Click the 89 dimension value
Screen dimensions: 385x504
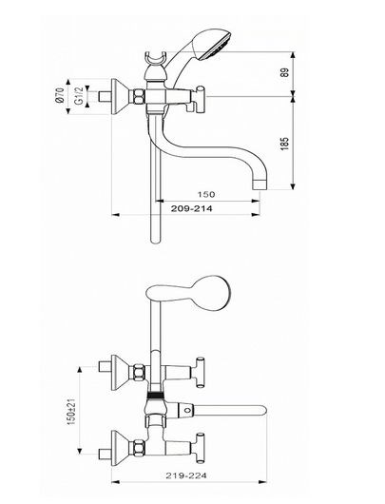[x=284, y=72]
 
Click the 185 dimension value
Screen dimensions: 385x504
[x=285, y=144]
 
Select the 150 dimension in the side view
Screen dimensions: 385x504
[x=206, y=194]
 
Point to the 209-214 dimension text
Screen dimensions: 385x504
[x=191, y=208]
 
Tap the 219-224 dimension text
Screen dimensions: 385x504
[x=186, y=475]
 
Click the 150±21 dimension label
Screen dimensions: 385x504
[x=70, y=411]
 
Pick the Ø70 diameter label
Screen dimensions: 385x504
[x=60, y=96]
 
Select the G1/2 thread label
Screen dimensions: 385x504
[x=79, y=95]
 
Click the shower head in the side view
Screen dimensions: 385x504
[x=212, y=45]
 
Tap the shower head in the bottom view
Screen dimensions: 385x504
[x=209, y=293]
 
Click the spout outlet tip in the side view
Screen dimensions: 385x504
[x=260, y=184]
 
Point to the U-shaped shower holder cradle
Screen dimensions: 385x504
[x=156, y=58]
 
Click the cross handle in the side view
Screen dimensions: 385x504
[x=201, y=100]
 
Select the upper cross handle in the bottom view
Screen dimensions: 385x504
[x=201, y=373]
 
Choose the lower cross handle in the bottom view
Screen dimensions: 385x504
[x=201, y=449]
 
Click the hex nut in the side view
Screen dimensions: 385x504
[x=139, y=96]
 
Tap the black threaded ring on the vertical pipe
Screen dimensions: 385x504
[x=156, y=395]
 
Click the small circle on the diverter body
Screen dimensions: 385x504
[x=187, y=411]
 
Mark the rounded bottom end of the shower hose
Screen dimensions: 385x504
[x=155, y=241]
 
